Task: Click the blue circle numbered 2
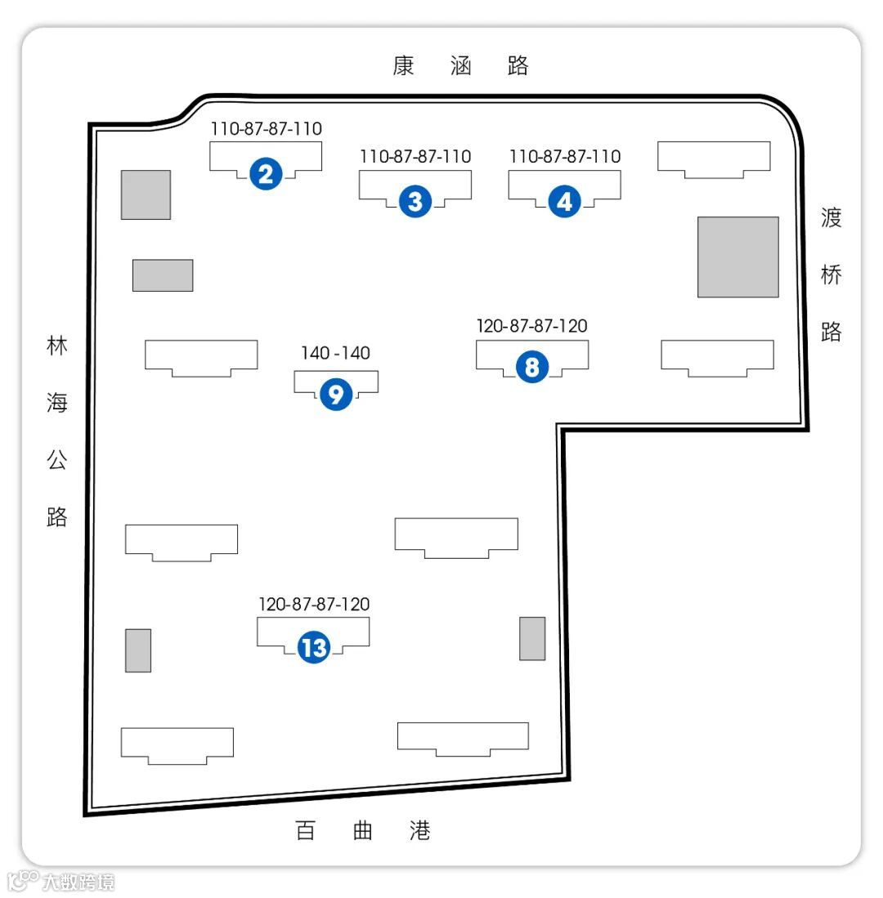267,173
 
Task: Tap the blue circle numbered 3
415,200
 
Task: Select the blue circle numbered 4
565,200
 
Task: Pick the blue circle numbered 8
532,368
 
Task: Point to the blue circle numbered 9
336,395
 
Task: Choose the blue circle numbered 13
314,648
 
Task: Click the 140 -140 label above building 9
335,353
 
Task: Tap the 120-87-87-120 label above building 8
531,326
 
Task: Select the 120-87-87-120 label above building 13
314,605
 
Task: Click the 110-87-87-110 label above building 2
267,129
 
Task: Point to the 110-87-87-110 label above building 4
565,156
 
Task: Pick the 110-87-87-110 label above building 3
415,156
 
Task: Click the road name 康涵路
460,66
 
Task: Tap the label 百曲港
362,831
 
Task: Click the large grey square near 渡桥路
737,257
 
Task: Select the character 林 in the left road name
56,346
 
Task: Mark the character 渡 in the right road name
831,218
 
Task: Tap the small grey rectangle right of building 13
532,638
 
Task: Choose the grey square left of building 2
146,194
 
